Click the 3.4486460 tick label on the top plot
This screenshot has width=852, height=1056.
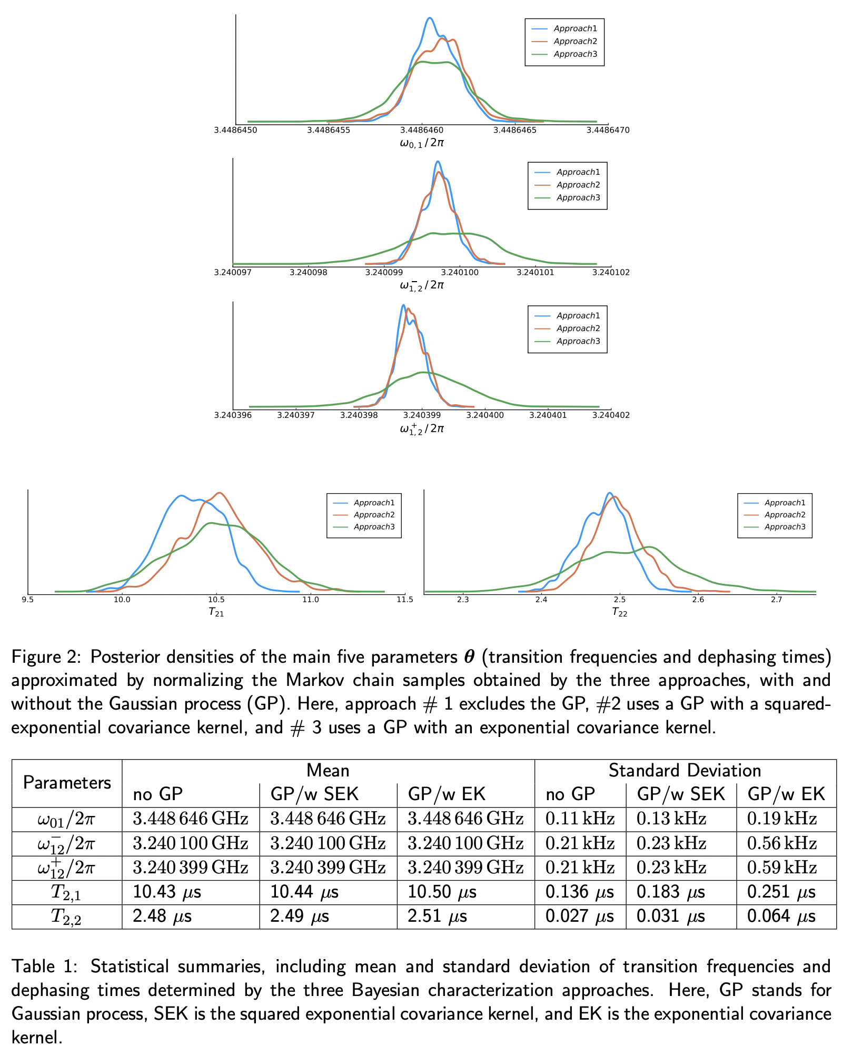tap(422, 130)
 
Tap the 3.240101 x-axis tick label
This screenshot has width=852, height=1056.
tap(535, 273)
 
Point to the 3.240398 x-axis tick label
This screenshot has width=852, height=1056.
tap(358, 415)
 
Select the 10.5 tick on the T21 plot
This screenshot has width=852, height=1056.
tap(216, 600)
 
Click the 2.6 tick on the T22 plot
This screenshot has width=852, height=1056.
tap(698, 600)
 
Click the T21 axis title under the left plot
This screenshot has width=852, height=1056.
tap(216, 612)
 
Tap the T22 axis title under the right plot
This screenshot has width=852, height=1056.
tap(619, 612)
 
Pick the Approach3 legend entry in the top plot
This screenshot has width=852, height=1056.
tap(575, 54)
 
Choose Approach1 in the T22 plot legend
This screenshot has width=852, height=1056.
tap(785, 503)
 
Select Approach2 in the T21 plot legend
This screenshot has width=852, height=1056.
tap(374, 515)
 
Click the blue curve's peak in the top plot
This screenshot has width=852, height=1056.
tap(430, 18)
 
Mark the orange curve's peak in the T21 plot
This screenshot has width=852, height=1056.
tap(220, 493)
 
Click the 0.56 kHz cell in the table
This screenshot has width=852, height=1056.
tap(781, 843)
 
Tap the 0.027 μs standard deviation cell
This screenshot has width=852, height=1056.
tap(579, 916)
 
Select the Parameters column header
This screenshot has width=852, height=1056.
tap(67, 783)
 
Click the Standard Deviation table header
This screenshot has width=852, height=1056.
tap(685, 771)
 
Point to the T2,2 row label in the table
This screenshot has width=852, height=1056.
tap(66, 917)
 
